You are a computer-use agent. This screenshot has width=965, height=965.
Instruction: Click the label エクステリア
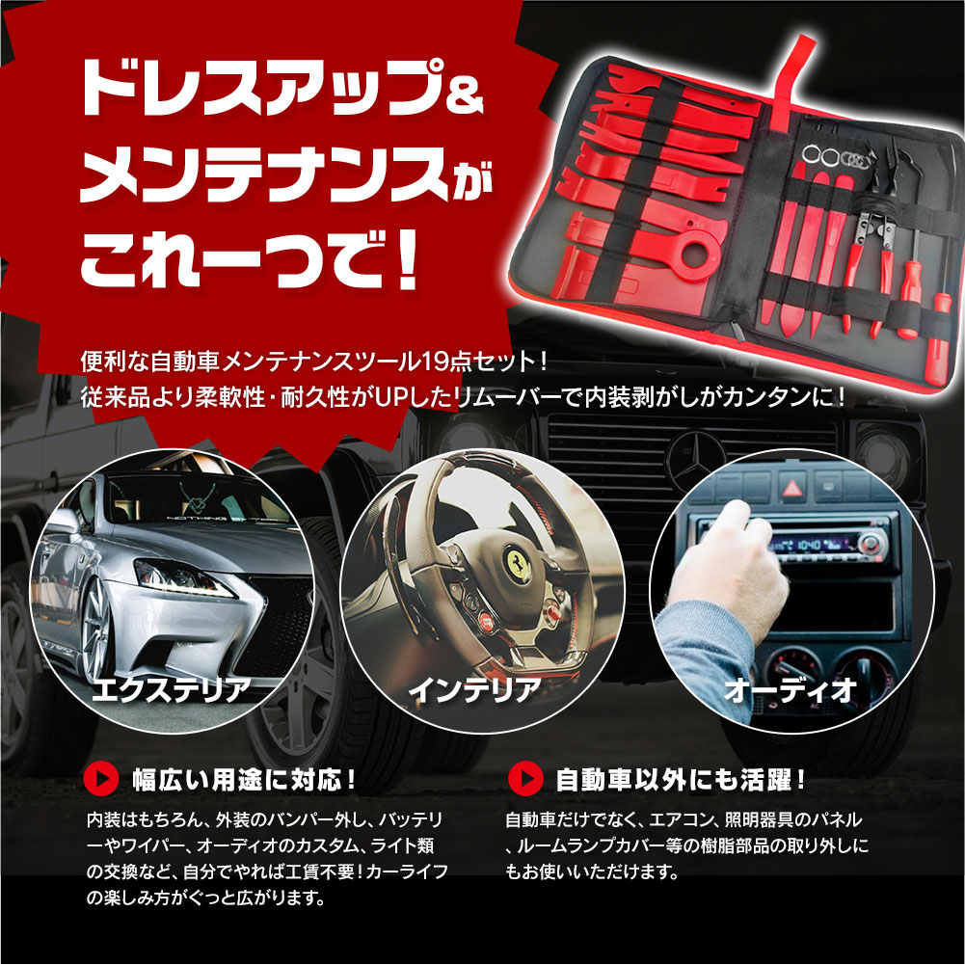(x=171, y=689)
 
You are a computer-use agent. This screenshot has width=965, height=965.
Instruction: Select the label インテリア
(x=474, y=689)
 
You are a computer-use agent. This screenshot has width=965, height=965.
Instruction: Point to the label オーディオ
(x=791, y=690)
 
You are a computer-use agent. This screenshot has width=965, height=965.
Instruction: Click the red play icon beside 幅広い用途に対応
(x=101, y=780)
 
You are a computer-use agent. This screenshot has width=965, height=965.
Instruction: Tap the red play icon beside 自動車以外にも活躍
(x=525, y=779)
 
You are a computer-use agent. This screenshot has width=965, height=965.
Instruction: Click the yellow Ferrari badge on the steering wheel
(x=518, y=564)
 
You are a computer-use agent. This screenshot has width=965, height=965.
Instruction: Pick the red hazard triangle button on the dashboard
(x=791, y=489)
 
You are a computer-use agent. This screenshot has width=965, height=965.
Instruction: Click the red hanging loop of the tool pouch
(x=791, y=79)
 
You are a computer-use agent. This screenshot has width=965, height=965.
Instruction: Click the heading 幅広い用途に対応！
(x=244, y=780)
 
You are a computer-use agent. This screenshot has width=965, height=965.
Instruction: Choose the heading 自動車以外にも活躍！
(x=681, y=780)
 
